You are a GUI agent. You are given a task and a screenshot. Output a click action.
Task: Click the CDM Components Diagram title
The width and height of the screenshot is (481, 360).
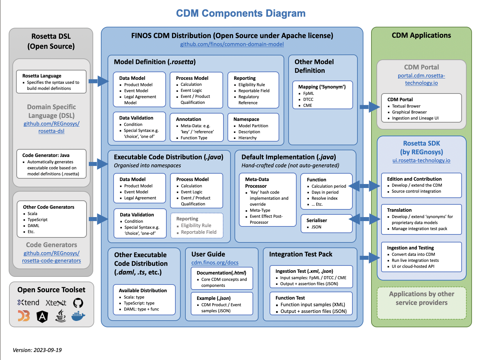tap(240, 13)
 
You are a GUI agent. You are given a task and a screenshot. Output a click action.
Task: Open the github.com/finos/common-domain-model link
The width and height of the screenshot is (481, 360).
tap(232, 44)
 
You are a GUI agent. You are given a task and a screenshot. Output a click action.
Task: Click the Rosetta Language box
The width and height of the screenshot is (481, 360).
tap(51, 81)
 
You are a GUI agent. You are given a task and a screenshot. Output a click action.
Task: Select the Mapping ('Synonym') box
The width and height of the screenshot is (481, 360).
tap(322, 95)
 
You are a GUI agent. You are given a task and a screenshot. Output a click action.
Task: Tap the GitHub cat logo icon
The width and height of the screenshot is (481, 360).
tap(78, 303)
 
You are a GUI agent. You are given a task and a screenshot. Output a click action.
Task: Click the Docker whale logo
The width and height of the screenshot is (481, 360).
tap(78, 316)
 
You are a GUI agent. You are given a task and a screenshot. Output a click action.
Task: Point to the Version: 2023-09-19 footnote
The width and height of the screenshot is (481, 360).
tap(37, 350)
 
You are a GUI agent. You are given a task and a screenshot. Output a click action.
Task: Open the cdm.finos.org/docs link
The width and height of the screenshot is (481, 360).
tap(215, 262)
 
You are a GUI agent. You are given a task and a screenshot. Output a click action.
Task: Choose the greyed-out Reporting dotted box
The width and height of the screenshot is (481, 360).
tap(197, 225)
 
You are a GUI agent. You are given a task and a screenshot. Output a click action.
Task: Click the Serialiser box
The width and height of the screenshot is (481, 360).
tap(326, 223)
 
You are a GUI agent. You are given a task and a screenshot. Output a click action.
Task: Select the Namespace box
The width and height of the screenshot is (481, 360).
tap(253, 128)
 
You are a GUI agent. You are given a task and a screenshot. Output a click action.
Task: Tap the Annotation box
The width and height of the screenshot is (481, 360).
tap(196, 128)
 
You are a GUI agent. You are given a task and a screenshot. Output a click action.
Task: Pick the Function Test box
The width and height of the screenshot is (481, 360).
tap(311, 304)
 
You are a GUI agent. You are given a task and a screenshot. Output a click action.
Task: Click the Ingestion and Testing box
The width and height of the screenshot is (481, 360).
tap(421, 257)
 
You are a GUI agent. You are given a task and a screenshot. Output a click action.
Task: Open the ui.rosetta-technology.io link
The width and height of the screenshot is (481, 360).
tap(421, 160)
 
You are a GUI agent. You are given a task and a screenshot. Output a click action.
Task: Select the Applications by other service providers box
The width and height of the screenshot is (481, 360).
tap(421, 303)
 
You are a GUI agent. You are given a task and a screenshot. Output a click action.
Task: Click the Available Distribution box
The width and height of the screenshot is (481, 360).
tap(144, 299)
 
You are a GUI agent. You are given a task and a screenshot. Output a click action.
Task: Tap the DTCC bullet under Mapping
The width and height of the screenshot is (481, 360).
tap(308, 100)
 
